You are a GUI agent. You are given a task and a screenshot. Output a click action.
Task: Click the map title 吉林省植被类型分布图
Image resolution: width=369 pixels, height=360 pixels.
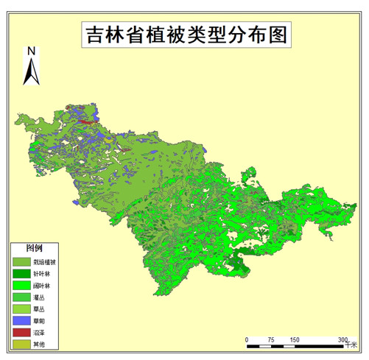pos(185,35)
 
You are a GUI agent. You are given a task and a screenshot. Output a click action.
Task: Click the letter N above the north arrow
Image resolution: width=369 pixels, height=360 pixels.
pos(32,51)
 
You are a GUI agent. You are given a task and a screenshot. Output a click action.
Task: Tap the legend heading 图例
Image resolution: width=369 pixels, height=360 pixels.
pos(35,247)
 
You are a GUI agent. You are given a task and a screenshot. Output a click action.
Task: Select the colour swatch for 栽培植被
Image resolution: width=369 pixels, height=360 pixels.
pos(21,261)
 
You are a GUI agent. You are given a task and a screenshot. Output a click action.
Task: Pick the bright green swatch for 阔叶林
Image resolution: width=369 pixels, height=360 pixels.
pos(21,285)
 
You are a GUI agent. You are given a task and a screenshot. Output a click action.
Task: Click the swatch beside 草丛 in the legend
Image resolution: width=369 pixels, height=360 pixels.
pos(21,308)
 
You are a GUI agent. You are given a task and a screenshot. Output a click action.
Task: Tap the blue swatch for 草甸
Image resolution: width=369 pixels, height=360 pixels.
pos(21,320)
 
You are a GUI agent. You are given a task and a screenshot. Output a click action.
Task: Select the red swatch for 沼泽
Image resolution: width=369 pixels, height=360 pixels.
pos(21,332)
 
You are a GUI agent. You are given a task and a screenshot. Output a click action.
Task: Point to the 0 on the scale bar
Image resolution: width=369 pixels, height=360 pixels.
pos(247,339)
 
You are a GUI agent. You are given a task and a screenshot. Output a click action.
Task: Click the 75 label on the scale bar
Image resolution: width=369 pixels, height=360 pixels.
pos(271,339)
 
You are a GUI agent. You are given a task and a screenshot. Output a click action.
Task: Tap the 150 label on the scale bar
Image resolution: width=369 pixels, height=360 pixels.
pos(295,339)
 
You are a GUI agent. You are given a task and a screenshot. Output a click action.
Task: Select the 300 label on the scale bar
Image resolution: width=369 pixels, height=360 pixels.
pos(342,339)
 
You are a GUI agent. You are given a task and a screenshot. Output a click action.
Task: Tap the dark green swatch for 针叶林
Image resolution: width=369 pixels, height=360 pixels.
pos(21,273)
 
